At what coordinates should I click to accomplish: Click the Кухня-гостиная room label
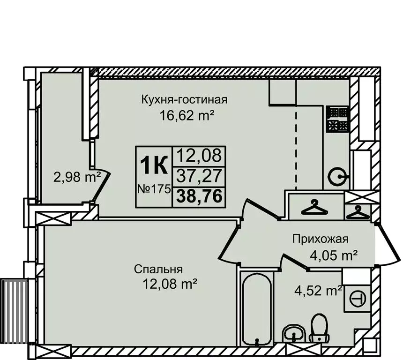[x=184, y=99]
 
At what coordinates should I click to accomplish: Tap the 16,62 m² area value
[x=184, y=115]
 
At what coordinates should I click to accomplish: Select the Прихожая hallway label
[x=321, y=240]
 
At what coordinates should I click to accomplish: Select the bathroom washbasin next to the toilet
[x=294, y=334]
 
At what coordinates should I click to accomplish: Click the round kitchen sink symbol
[x=337, y=177]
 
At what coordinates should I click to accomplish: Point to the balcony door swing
[x=101, y=185]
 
